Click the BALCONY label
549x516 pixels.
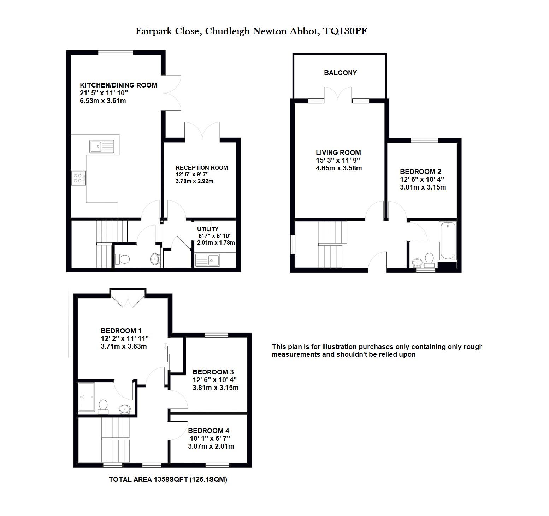click(341, 73)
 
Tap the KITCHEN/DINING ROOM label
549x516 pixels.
click(119, 85)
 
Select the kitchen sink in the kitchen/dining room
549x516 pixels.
click(102, 146)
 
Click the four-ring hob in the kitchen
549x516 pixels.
click(78, 178)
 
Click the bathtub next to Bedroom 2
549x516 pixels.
click(448, 241)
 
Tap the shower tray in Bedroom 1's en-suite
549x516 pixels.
click(86, 397)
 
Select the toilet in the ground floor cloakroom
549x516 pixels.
click(123, 259)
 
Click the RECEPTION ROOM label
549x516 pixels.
click(202, 168)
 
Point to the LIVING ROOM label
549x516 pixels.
click(338, 152)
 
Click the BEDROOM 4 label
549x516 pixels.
click(208, 431)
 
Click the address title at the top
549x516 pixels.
click(252, 31)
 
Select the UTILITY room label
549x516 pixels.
click(208, 229)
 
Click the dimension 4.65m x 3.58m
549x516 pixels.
click(339, 168)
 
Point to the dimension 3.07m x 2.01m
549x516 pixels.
click(211, 446)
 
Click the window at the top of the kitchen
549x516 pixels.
click(116, 53)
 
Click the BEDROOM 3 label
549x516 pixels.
click(213, 372)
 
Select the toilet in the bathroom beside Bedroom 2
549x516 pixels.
click(429, 259)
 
